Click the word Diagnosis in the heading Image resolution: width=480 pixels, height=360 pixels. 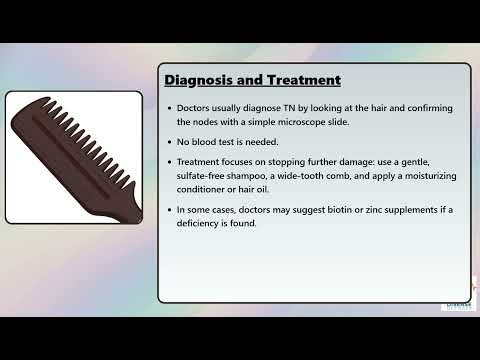pyautogui.click(x=198, y=80)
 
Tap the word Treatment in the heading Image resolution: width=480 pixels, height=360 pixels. pyautogui.click(x=301, y=80)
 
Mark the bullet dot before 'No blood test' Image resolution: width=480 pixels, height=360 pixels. pyautogui.click(x=168, y=142)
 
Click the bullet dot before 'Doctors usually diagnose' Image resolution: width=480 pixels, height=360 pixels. pyautogui.click(x=168, y=108)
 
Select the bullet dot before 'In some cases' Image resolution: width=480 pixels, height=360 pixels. pyautogui.click(x=168, y=209)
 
